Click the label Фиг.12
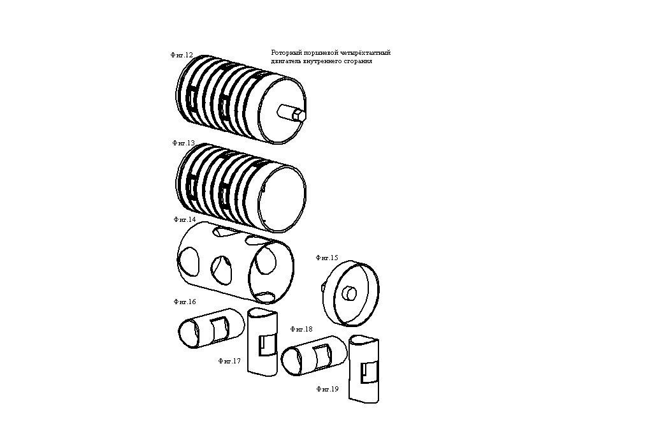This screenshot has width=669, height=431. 182,55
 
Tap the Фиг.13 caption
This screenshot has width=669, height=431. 183,143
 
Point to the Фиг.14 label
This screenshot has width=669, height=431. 185,219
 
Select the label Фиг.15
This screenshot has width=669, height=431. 327,258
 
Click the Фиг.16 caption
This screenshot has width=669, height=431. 185,302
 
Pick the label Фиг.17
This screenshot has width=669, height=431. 229,361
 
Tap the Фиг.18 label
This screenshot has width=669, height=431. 301,330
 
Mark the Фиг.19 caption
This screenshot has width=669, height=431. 327,389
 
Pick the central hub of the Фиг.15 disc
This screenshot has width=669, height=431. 350,294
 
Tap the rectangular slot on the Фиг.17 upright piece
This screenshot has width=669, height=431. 267,345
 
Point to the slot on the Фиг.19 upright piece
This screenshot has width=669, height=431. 369,372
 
